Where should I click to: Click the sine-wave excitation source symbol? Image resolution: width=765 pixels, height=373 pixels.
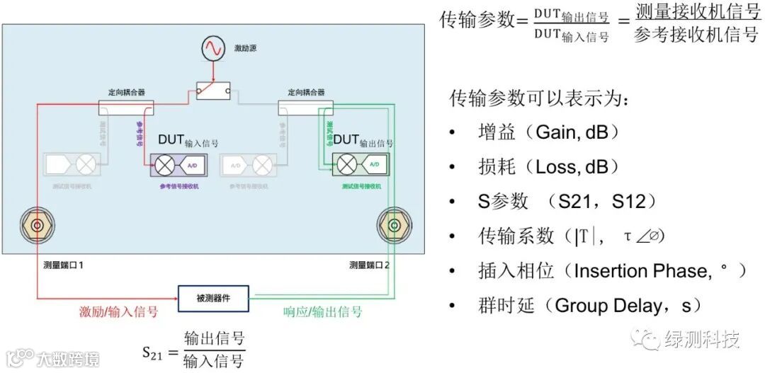coord(213,49)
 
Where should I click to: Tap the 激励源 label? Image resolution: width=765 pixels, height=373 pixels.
coord(246,49)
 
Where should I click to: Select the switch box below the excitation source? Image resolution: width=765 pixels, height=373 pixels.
coord(213,90)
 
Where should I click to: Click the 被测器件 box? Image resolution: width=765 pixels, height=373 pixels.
coord(213,299)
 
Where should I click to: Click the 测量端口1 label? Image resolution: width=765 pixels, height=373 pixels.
coord(63,265)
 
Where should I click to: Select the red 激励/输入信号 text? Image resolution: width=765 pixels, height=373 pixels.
coord(118,312)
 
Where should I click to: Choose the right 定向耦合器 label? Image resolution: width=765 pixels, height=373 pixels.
coord(306,92)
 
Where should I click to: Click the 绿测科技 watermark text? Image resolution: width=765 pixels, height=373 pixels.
coord(701,340)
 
